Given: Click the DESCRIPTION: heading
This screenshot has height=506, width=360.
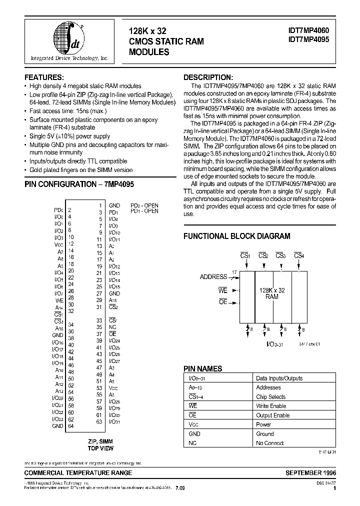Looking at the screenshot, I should [x=208, y=77].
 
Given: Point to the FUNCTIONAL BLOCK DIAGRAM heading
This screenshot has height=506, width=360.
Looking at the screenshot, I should [x=236, y=236].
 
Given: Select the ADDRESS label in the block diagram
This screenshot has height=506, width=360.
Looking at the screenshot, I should [x=213, y=276].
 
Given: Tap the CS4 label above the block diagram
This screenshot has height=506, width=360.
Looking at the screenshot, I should [x=299, y=256].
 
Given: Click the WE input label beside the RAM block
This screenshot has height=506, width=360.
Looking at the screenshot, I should [x=223, y=289].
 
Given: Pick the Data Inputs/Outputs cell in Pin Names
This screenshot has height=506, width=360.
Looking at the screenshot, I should [x=279, y=378].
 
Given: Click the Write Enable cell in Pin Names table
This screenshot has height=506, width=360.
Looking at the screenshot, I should [x=271, y=406].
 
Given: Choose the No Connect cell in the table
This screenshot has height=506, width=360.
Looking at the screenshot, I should [x=269, y=443].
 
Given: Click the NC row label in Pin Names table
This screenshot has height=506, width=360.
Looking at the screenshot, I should [x=192, y=443].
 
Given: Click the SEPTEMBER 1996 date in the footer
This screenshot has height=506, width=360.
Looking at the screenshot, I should [x=310, y=472].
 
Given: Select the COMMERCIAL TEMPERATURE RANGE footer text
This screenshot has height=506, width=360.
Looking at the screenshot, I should [x=78, y=472].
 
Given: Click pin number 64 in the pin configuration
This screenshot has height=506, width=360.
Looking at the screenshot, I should [x=71, y=426].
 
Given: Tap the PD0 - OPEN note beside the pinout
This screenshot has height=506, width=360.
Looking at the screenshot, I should [x=144, y=205].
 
